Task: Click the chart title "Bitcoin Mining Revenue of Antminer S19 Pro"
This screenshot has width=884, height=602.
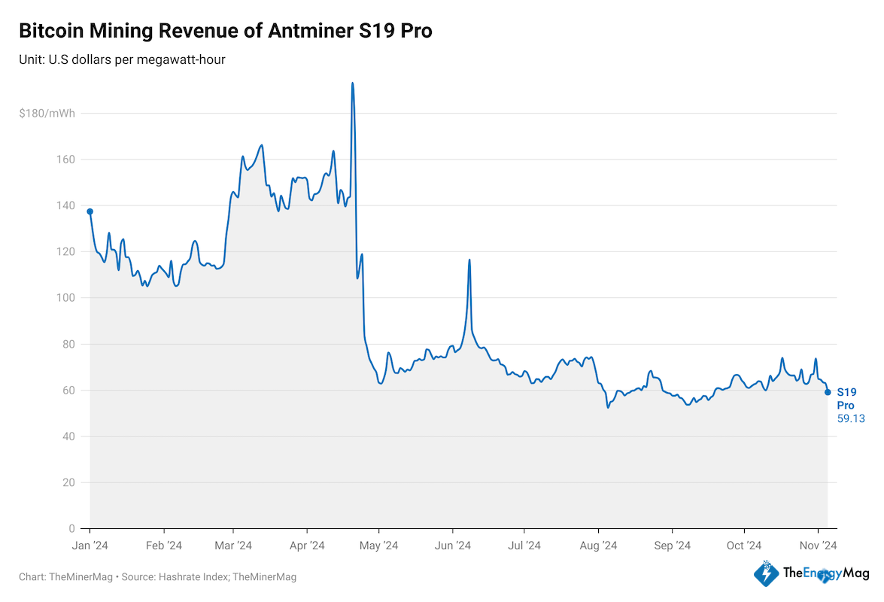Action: click(x=225, y=31)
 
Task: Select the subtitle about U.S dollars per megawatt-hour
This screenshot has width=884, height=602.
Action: click(x=122, y=59)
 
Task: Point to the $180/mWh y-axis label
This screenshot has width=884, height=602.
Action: click(x=47, y=114)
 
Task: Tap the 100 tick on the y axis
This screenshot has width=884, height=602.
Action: click(x=66, y=298)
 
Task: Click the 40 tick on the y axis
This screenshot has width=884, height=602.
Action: click(x=69, y=436)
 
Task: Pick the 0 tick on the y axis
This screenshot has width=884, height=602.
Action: click(x=72, y=529)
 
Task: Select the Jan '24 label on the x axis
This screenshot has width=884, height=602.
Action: click(x=91, y=545)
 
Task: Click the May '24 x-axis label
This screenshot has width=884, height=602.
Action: click(x=379, y=545)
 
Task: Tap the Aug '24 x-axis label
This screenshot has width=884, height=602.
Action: click(x=599, y=545)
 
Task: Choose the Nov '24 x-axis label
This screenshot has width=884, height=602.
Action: click(x=818, y=545)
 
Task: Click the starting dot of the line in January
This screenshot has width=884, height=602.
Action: click(x=90, y=211)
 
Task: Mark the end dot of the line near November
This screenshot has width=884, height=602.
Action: click(x=828, y=392)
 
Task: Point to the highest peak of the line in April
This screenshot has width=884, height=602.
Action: click(x=352, y=84)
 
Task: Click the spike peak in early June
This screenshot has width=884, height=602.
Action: click(x=469, y=260)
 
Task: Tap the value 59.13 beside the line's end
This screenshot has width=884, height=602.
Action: click(x=851, y=418)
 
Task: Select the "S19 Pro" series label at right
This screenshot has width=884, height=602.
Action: click(x=846, y=398)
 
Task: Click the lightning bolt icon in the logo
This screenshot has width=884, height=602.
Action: click(x=767, y=574)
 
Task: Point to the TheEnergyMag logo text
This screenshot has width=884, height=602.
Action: click(x=825, y=573)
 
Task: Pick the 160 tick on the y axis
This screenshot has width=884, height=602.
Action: click(x=66, y=160)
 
